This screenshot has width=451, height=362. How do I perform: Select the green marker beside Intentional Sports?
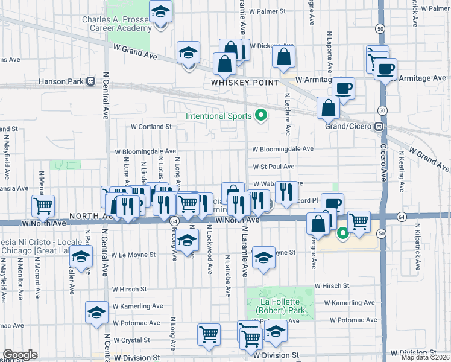click(x=261, y=115)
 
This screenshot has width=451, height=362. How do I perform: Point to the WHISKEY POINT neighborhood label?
click(x=245, y=82)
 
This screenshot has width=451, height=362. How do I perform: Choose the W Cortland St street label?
click(x=152, y=127)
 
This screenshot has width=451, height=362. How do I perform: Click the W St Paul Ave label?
click(x=273, y=167)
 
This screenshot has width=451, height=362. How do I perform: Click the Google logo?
click(x=20, y=355)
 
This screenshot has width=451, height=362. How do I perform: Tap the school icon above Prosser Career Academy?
click(x=160, y=12)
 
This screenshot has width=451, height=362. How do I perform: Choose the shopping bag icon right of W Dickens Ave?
click(x=283, y=57)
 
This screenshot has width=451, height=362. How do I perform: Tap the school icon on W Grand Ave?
click(x=188, y=53)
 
